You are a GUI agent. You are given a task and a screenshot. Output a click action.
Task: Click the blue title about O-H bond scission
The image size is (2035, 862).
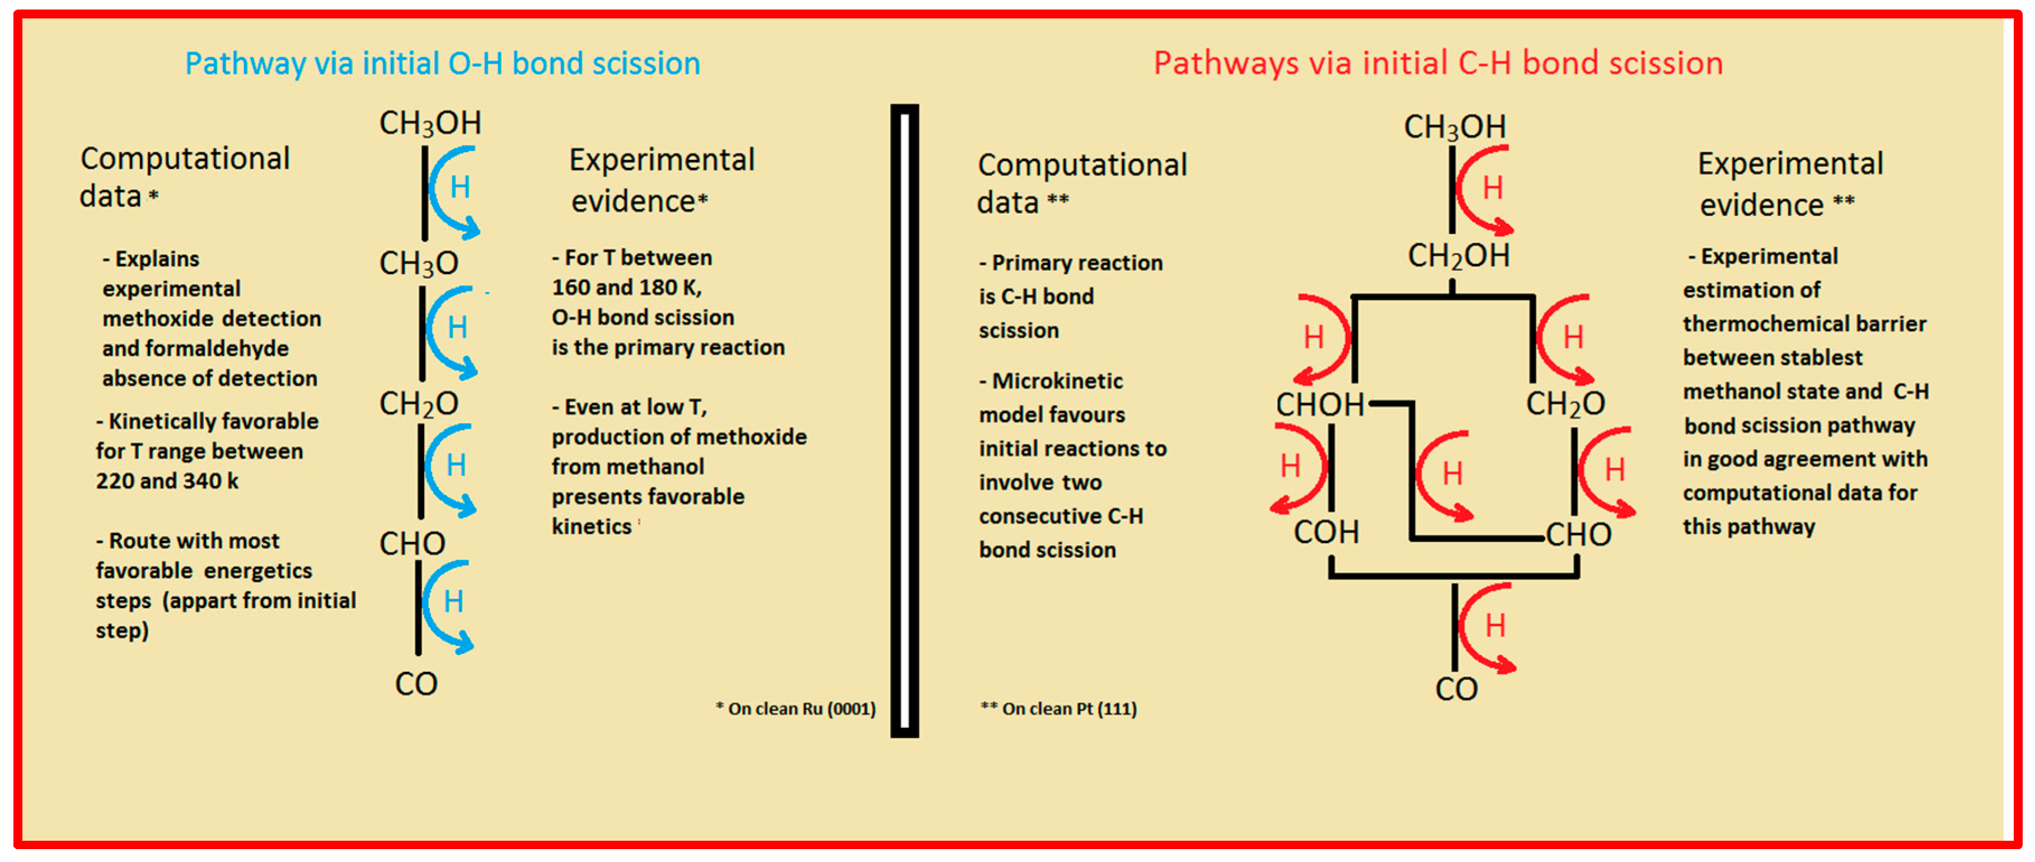(442, 63)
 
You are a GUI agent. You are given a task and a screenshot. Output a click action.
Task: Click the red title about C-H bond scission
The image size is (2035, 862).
(1438, 63)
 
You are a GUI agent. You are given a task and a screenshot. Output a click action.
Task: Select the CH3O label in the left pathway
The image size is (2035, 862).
(419, 263)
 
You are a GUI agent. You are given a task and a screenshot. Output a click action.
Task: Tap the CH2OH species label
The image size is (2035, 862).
(1459, 256)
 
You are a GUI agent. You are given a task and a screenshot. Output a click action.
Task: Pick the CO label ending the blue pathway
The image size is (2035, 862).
(416, 684)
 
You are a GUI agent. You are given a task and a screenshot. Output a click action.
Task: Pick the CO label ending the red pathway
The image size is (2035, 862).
(1456, 690)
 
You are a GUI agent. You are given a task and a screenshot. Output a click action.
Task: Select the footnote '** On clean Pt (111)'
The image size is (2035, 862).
(1058, 709)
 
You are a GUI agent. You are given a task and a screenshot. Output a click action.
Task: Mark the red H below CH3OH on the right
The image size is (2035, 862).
(1492, 189)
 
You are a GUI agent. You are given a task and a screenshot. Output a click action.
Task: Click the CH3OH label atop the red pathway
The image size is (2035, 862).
(1455, 127)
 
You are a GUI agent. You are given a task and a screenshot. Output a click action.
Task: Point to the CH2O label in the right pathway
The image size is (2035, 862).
(1565, 404)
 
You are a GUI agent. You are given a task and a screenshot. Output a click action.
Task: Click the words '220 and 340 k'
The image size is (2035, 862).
(167, 481)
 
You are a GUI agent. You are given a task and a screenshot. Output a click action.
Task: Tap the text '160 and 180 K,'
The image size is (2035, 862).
(626, 288)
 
